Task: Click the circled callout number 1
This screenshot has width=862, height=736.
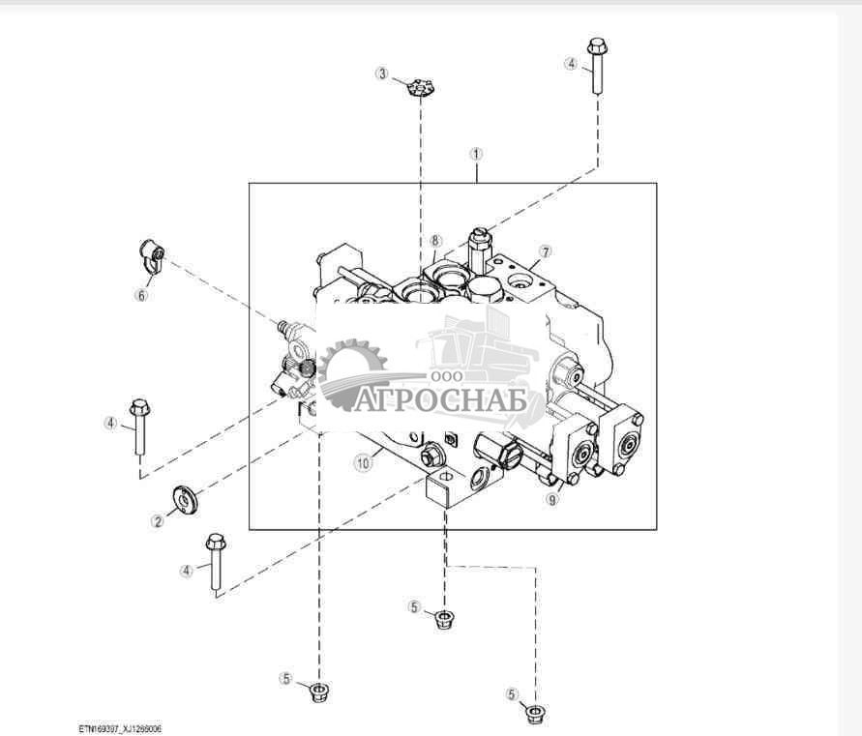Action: click(x=476, y=154)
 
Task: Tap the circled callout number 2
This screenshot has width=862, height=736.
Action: click(x=157, y=521)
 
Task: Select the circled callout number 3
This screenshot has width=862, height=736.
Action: click(x=383, y=74)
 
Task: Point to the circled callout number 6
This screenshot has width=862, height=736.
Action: click(x=141, y=295)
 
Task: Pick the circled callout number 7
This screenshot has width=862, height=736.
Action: click(x=546, y=251)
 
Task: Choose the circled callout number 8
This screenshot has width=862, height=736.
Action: click(x=435, y=241)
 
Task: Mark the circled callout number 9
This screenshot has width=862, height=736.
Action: click(x=552, y=500)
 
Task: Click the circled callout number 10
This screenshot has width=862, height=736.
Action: click(x=363, y=463)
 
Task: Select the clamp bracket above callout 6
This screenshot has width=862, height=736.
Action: click(x=151, y=257)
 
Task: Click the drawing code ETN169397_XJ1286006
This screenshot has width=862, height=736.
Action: click(x=121, y=729)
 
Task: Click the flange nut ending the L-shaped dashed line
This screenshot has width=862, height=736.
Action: click(x=533, y=713)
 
